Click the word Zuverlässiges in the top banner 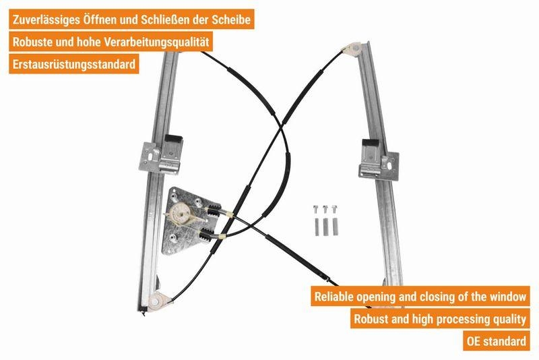pos(46,20)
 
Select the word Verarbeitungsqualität pos(156,42)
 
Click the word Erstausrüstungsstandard pos(74,64)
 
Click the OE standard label pos(496,341)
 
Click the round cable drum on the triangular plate pos(181,212)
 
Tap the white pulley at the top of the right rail pos(352,48)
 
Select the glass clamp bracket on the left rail pos(161,155)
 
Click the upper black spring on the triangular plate pos(214,210)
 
